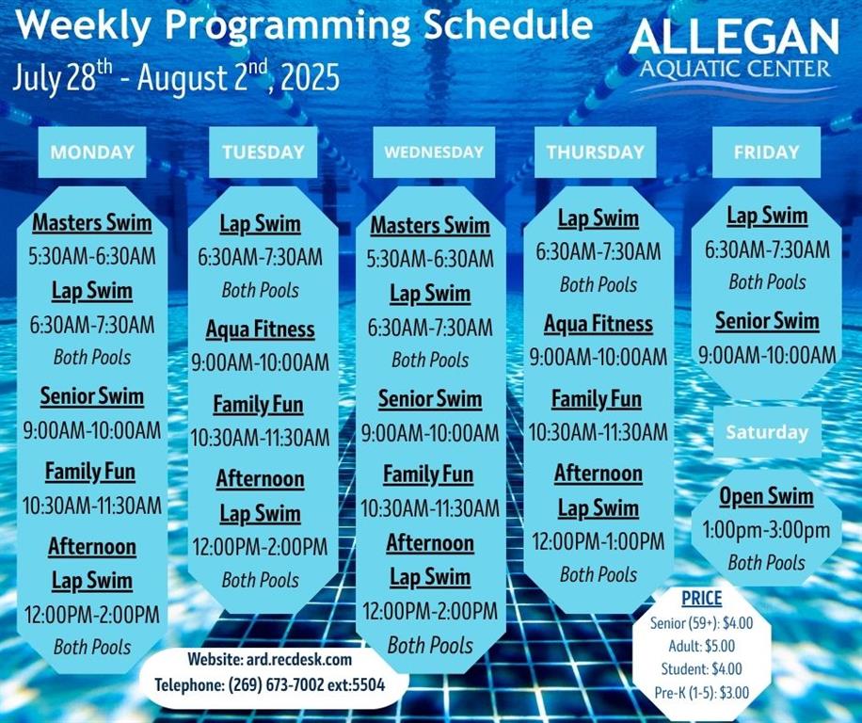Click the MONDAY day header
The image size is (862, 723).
pyautogui.click(x=92, y=152)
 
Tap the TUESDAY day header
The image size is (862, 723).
pyautogui.click(x=263, y=152)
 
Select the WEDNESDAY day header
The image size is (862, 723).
pyautogui.click(x=434, y=152)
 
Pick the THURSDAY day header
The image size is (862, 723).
pyautogui.click(x=596, y=152)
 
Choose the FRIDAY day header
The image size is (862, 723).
pyautogui.click(x=766, y=152)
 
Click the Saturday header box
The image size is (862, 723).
pyautogui.click(x=768, y=432)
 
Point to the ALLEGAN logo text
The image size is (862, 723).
pyautogui.click(x=734, y=38)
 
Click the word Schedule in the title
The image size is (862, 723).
pyautogui.click(x=509, y=24)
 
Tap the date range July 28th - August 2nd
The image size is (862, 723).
pyautogui.click(x=177, y=77)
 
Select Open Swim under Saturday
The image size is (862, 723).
pyautogui.click(x=766, y=496)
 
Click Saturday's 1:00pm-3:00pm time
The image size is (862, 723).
pyautogui.click(x=766, y=530)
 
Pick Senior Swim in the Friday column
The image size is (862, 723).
pyautogui.click(x=767, y=321)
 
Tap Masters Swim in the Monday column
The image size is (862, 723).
pyautogui.click(x=92, y=223)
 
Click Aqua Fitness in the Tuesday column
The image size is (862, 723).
pyautogui.click(x=261, y=329)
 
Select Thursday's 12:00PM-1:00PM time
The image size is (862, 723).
pyautogui.click(x=599, y=541)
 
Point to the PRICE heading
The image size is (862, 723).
pyautogui.click(x=702, y=598)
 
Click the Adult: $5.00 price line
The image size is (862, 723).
pyautogui.click(x=702, y=646)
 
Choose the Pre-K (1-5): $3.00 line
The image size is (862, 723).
pyautogui.click(x=702, y=693)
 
